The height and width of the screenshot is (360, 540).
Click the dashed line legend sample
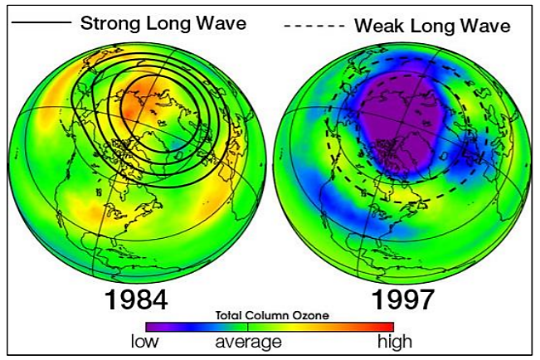pyautogui.click(x=314, y=27)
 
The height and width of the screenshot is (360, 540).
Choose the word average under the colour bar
pyautogui.click(x=249, y=341)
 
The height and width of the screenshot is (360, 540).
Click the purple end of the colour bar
pyautogui.click(x=153, y=327)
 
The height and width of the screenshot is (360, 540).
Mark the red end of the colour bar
pyautogui.click(x=386, y=327)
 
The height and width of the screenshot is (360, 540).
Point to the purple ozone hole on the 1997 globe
pyautogui.click(x=398, y=124)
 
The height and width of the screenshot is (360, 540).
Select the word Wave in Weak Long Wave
pyautogui.click(x=484, y=26)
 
